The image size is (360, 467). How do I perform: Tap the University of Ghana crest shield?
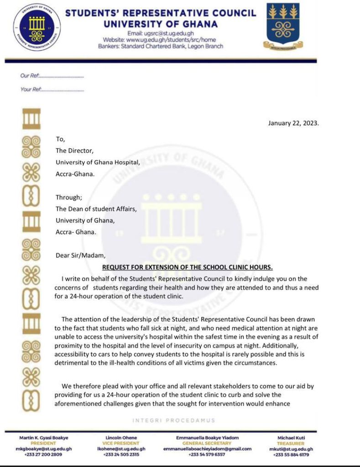coord(283,25)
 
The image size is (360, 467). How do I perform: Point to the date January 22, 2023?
coord(293,123)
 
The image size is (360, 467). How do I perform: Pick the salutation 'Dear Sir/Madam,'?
coord(80,256)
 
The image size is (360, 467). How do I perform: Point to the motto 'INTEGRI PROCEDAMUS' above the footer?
coord(173,420)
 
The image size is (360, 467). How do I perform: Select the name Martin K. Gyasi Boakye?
coord(46,438)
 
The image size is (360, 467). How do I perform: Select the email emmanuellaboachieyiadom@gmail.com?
coord(207,449)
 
